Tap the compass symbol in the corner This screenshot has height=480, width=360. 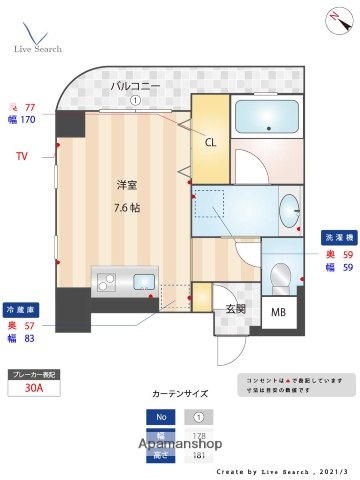click(333, 18)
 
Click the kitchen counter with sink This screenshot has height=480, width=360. click(124, 279)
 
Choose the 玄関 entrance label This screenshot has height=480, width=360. click(236, 308)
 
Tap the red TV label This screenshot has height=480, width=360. click(21, 156)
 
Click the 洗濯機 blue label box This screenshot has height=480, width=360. click(336, 238)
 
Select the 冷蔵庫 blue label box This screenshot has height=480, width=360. click(21, 309)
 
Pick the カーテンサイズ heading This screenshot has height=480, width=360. click(179, 393)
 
